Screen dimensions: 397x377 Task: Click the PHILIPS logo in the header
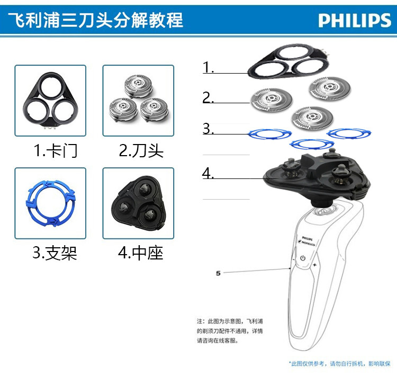[355, 21]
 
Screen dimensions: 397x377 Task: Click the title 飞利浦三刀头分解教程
[96, 20]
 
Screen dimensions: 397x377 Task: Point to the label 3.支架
[55, 253]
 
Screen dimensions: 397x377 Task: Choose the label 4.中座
[140, 253]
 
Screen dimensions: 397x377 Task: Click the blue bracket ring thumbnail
[50, 203]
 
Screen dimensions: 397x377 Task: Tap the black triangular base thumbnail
[138, 203]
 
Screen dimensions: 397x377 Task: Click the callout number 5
[218, 273]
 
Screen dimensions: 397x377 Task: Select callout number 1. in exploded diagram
[208, 68]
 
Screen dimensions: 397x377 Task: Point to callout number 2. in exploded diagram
[208, 98]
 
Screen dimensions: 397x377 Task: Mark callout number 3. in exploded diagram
[208, 129]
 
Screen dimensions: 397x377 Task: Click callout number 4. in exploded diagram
[208, 173]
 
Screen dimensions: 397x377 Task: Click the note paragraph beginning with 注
[229, 331]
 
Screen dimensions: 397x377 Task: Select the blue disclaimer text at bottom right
[339, 364]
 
